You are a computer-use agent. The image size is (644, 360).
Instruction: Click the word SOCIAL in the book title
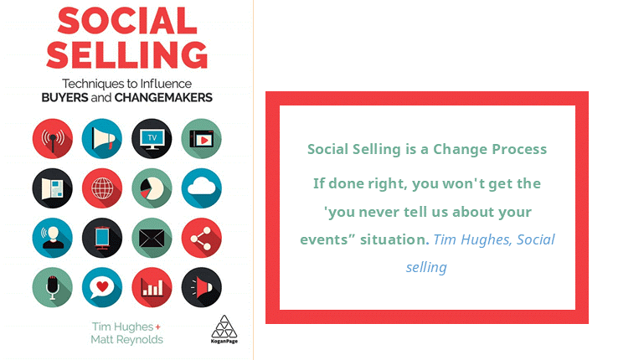(x=127, y=21)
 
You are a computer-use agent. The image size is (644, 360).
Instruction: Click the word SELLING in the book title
(x=127, y=54)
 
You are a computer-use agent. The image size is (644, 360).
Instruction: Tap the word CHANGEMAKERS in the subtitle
(x=163, y=98)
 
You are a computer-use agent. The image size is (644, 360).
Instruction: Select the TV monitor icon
(x=152, y=139)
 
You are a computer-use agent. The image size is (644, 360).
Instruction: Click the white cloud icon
(x=201, y=188)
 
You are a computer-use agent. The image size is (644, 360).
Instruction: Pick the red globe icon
(x=102, y=188)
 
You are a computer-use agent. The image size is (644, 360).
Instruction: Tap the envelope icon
(x=152, y=238)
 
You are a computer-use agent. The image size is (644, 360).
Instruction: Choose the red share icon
(x=201, y=238)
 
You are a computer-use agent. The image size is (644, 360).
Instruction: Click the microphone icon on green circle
(x=52, y=287)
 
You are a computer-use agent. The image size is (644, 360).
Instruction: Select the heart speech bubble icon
(x=102, y=287)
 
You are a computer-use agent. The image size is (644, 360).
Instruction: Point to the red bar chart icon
(x=152, y=287)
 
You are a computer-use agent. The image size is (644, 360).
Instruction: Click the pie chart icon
(x=152, y=188)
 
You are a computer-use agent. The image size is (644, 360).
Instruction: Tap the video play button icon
(x=201, y=139)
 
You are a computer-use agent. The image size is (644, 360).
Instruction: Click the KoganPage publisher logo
(x=224, y=329)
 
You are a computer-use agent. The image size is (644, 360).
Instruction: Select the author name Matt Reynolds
(x=127, y=340)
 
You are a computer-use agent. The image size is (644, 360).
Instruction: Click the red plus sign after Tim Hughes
(x=158, y=327)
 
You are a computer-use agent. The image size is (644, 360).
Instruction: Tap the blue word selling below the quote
(x=426, y=268)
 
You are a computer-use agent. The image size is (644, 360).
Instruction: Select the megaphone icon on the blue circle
(x=102, y=139)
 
